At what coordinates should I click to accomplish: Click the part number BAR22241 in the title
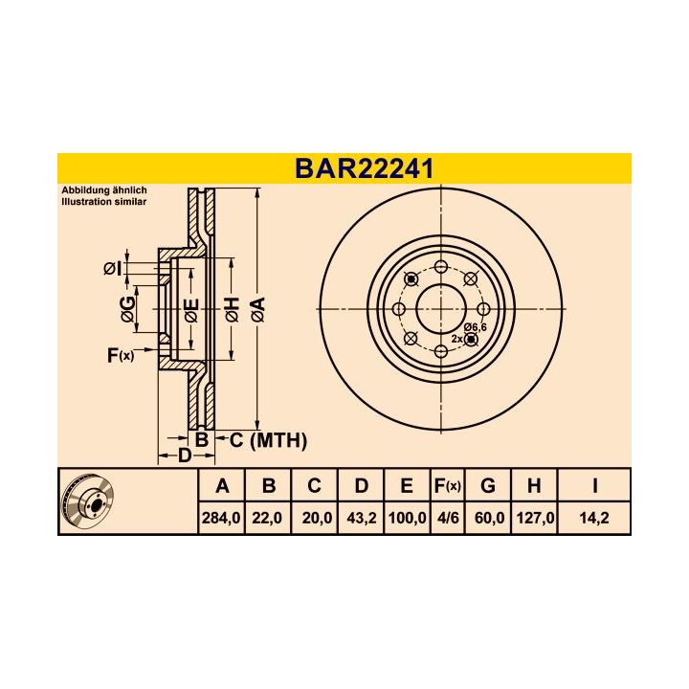point(364,168)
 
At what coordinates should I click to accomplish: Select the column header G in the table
point(488,486)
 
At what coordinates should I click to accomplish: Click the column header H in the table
point(534,486)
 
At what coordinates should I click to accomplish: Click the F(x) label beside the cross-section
point(120,356)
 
